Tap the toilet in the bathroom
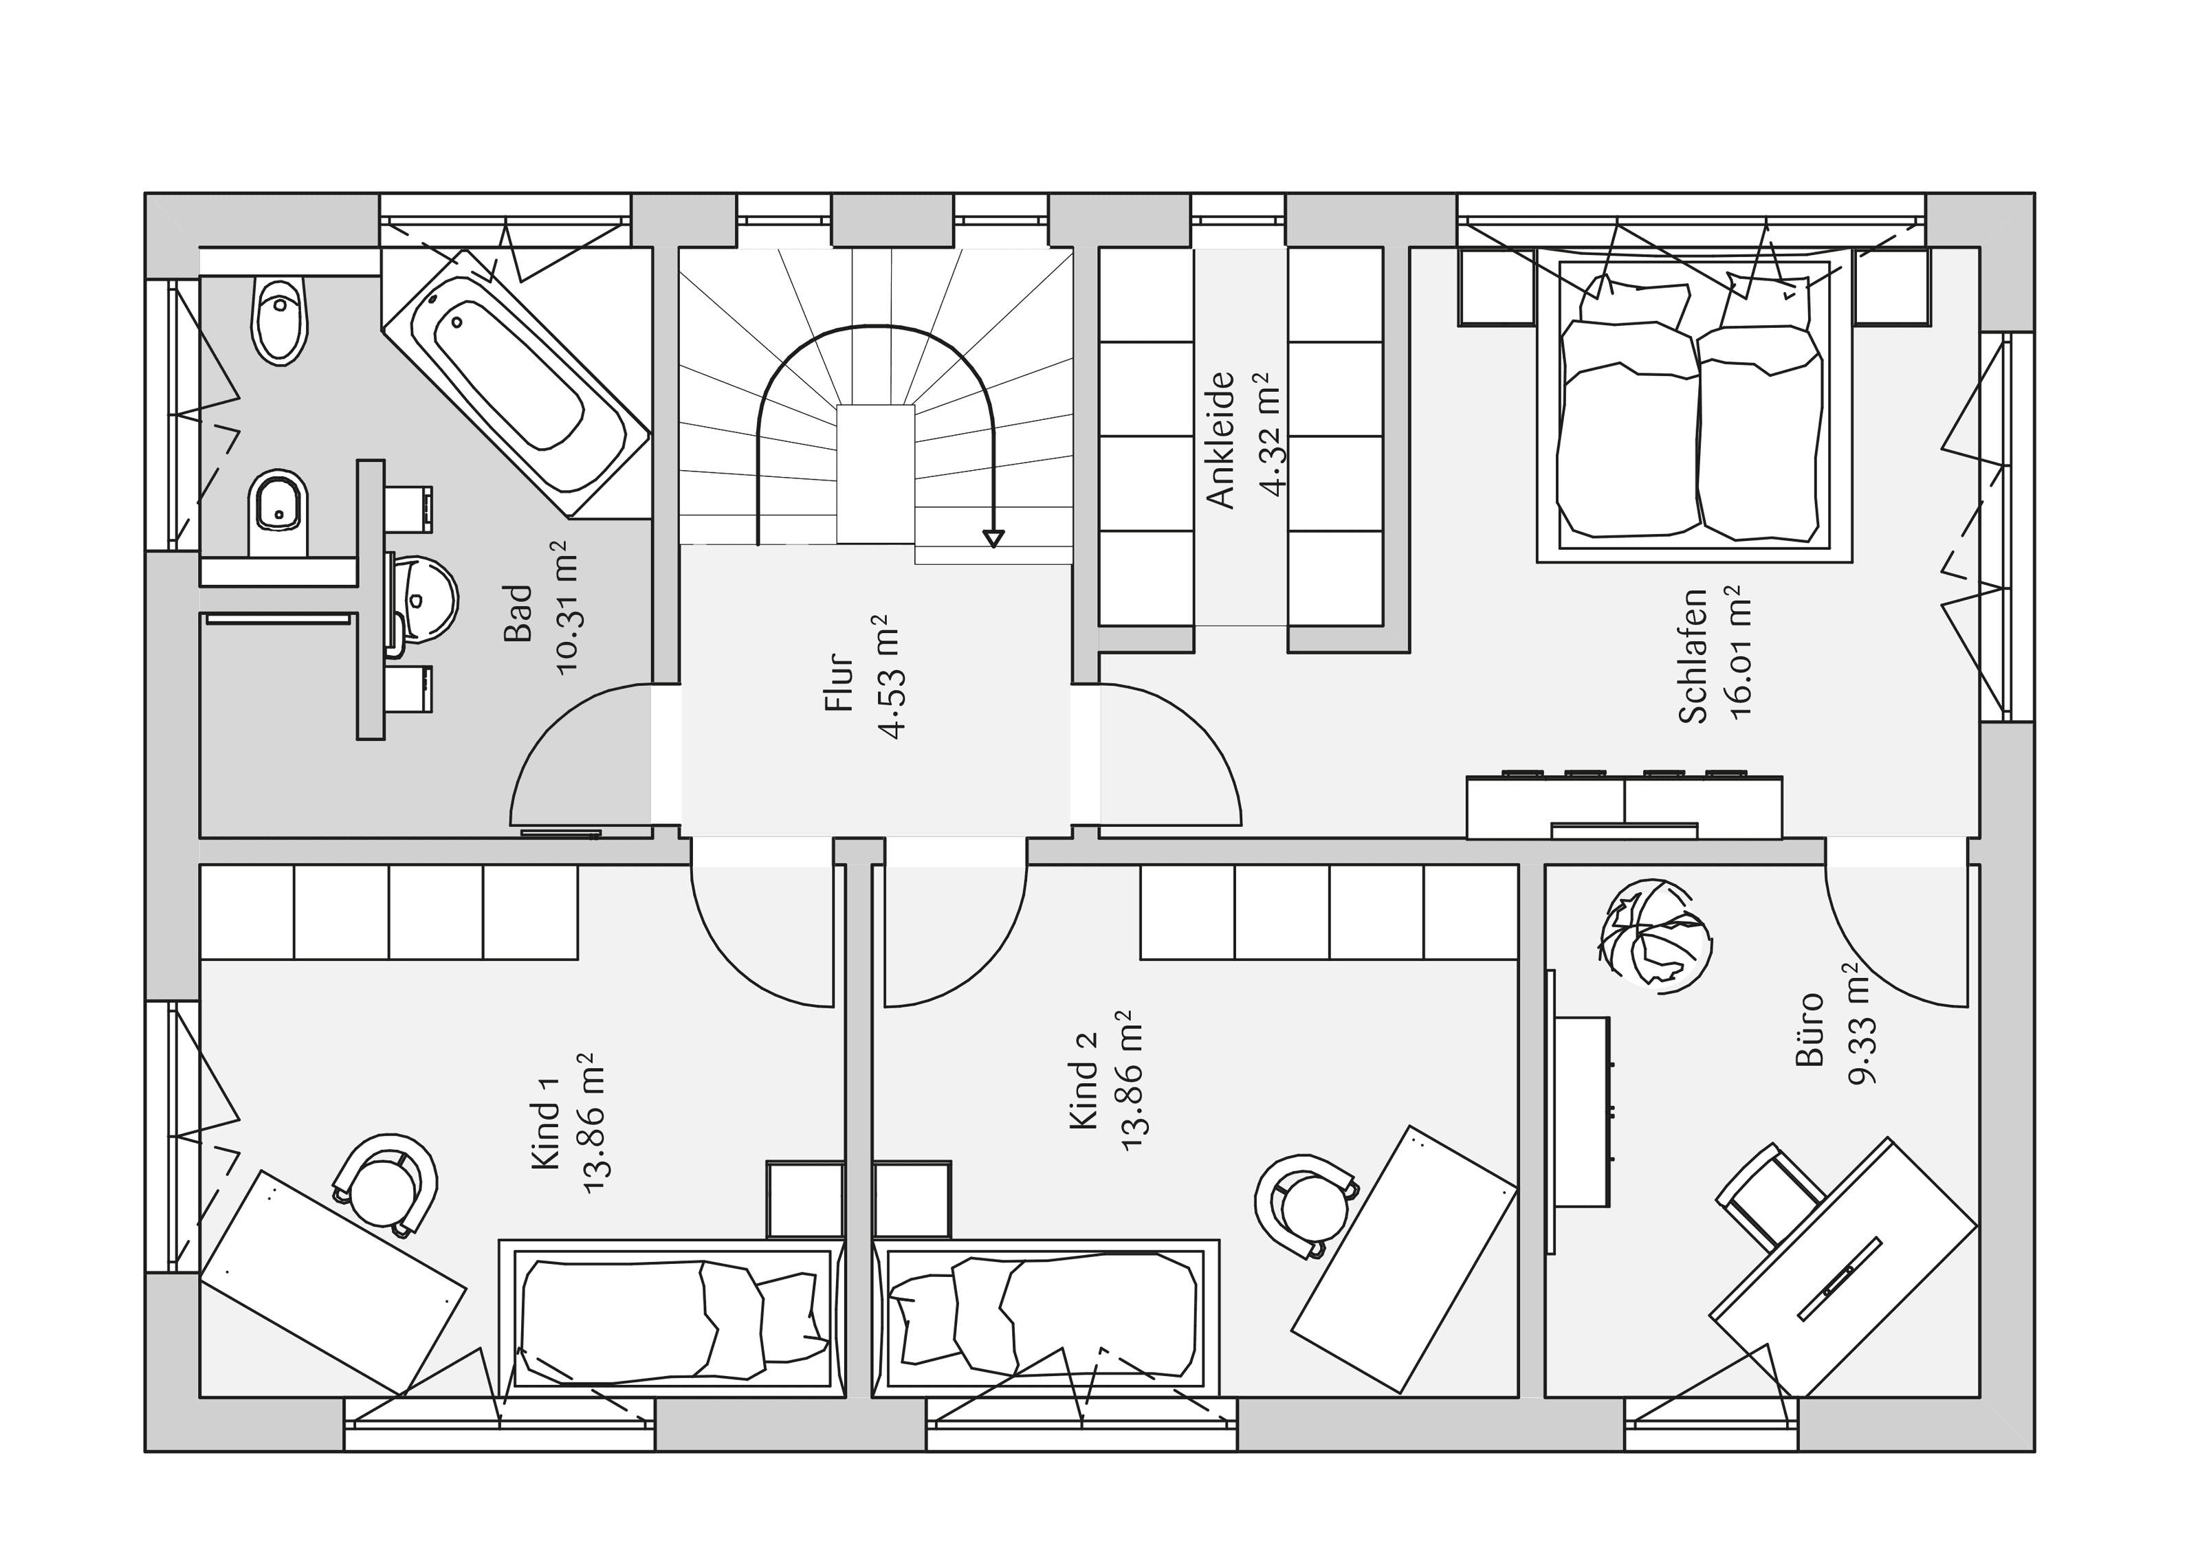click(x=280, y=322)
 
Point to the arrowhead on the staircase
click(x=993, y=538)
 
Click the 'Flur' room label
click(x=839, y=682)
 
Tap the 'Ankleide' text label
click(x=1221, y=440)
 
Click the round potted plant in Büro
click(x=1654, y=934)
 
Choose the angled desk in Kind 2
click(x=1405, y=1260)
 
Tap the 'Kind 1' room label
click(x=544, y=1135)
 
